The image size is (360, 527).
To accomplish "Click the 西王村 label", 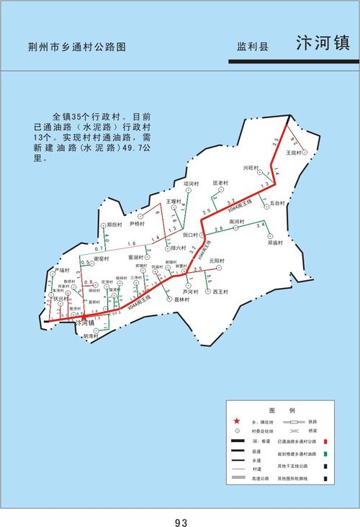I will pos(220,292).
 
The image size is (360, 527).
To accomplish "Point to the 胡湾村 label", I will pos(91,336).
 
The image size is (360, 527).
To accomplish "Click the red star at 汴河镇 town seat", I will pos(84,317).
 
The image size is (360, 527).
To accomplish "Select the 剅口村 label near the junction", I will pos(191,235).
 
